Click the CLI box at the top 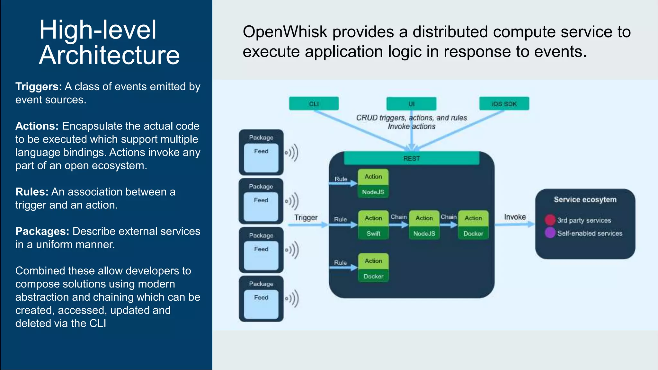pos(314,104)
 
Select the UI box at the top pos(411,104)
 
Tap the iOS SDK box pos(504,104)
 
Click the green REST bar pos(412,158)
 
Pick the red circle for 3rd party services pos(550,220)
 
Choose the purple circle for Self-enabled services pos(550,233)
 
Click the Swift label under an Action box pos(373,233)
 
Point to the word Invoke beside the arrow pos(515,217)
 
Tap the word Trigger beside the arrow pos(306,217)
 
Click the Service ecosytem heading pos(585,199)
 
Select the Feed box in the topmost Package pos(261,157)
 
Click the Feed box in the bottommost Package pos(261,304)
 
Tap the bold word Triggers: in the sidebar pos(39,86)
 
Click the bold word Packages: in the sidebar pos(42,231)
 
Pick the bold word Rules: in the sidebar pos(32,192)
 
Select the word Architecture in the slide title pos(109,55)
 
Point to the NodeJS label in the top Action pos(373,192)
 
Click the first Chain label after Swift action pos(398,217)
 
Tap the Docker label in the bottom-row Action pos(373,276)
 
